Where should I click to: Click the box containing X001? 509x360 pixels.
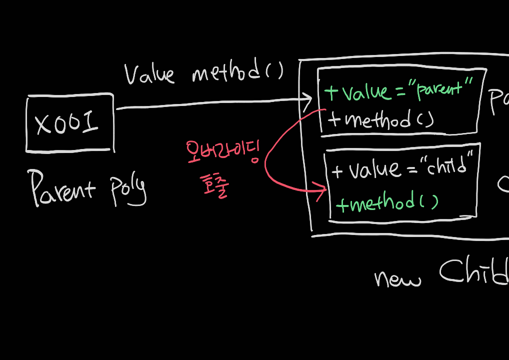pyautogui.click(x=69, y=122)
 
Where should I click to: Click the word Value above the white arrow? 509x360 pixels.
pyautogui.click(x=149, y=73)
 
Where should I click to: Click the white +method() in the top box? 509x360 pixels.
pyautogui.click(x=381, y=120)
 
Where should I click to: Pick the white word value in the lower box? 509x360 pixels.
pyautogui.click(x=375, y=169)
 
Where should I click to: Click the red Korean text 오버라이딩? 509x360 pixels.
pyautogui.click(x=222, y=152)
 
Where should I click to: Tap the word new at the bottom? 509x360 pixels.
pyautogui.click(x=397, y=278)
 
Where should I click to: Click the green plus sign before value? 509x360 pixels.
pyautogui.click(x=331, y=92)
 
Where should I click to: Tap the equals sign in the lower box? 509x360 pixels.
pyautogui.click(x=412, y=169)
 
